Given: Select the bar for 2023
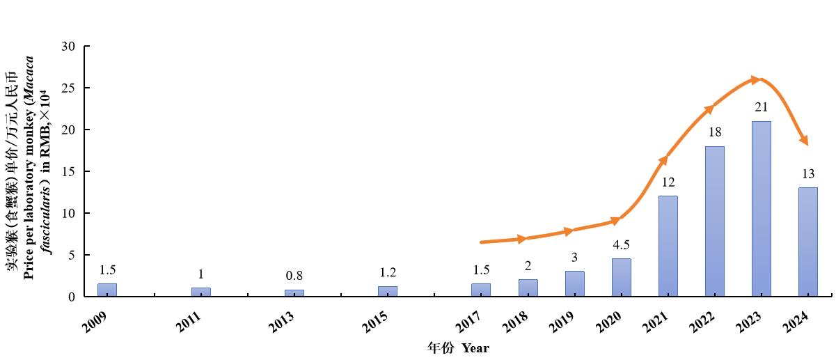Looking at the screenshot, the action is pos(762,209).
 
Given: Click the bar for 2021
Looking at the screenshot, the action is pos(668,246).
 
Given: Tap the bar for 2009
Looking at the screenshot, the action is pos(107,290).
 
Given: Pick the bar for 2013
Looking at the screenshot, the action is pos(294,293).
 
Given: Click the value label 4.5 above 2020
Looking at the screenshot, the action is pos(621,245).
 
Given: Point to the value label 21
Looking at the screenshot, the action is pos(762,107).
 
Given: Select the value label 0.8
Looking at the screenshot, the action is pos(294,276).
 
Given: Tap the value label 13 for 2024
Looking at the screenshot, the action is pos(808,173).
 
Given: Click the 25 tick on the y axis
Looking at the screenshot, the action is pos(68,88).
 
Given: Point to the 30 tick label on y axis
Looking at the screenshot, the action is pos(68,47).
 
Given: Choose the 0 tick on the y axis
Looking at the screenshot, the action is pos(72,297).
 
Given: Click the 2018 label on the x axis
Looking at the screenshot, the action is pos(515,322).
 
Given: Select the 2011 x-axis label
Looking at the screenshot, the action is pos(189,322).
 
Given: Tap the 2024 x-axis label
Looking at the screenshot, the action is pos(795,322).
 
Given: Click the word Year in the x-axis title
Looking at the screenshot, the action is pos(475,348).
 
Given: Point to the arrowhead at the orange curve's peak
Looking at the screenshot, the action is pos(756,79).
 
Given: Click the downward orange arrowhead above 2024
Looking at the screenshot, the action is pos(804,140).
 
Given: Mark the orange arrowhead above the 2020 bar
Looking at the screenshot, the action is pos(615,221).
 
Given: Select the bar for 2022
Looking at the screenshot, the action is pos(715,221).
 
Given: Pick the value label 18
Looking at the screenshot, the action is pos(715,132).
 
